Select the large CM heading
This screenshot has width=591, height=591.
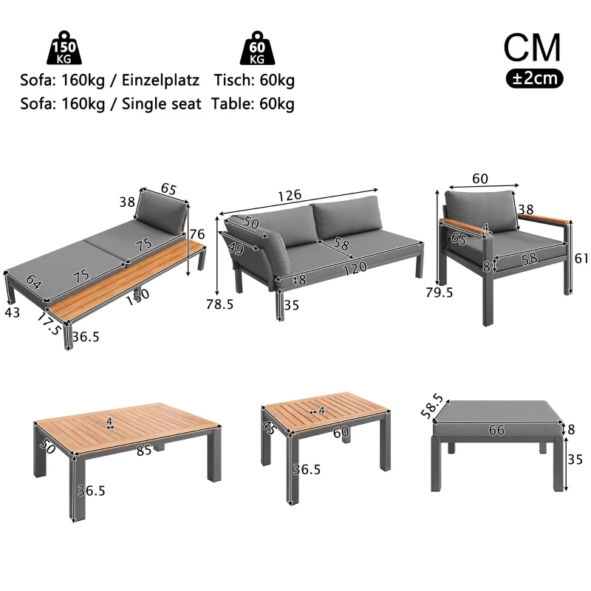[532, 47]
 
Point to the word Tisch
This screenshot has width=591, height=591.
[233, 79]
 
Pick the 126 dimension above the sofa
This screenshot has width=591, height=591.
[290, 195]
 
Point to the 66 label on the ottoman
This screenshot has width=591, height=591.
[496, 430]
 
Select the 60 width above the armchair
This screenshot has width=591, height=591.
[480, 178]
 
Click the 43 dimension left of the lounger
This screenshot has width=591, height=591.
[13, 312]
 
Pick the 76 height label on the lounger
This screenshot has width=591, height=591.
[197, 235]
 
